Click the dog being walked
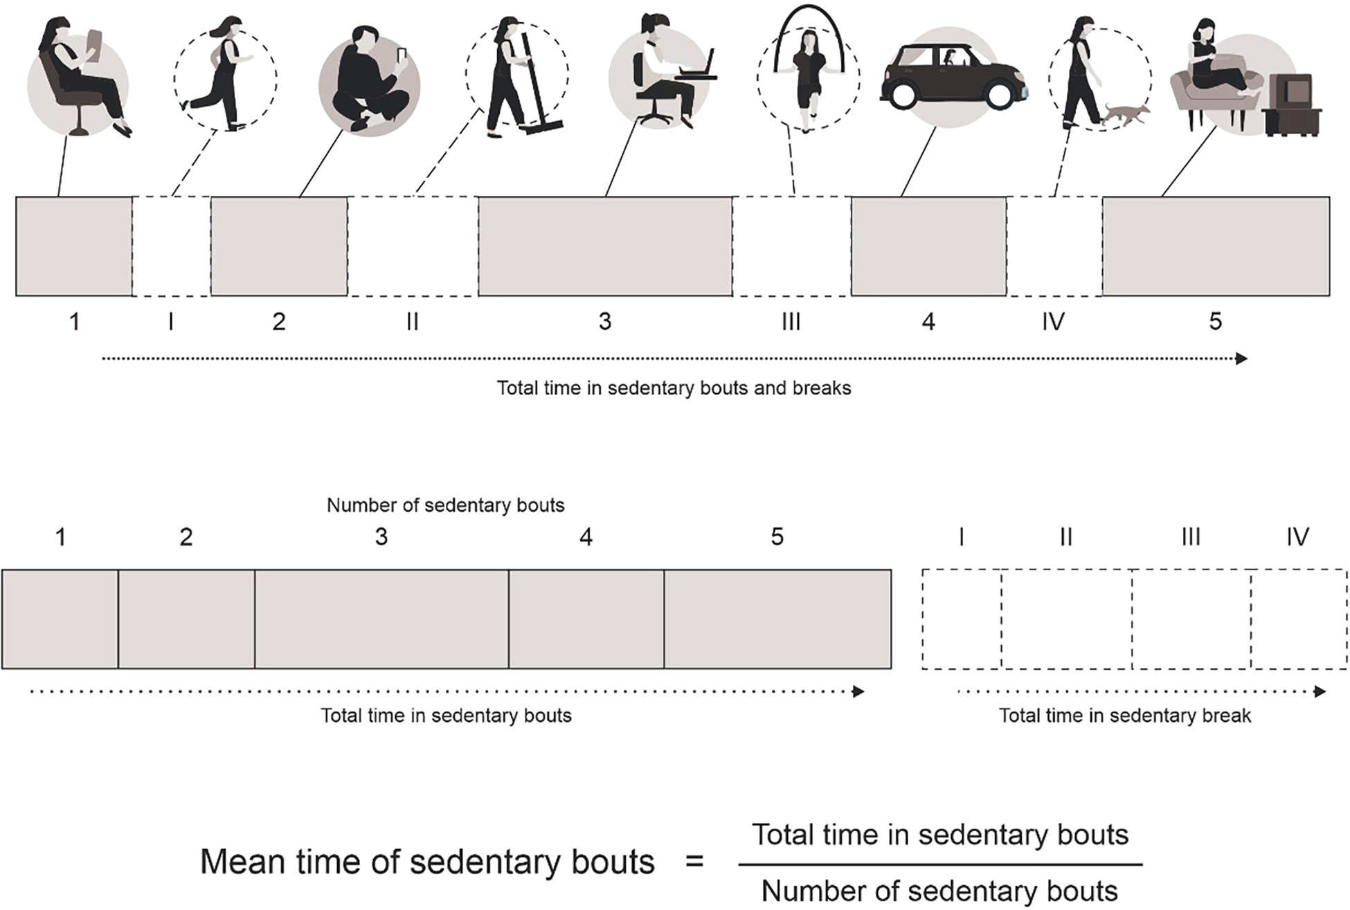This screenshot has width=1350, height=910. pyautogui.click(x=1126, y=114)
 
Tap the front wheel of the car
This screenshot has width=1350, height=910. pyautogui.click(x=1000, y=95)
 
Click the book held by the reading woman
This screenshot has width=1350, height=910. pyautogui.click(x=93, y=47)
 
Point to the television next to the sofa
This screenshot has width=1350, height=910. pyautogui.click(x=1292, y=104)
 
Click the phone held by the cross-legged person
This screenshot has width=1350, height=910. pyautogui.click(x=401, y=55)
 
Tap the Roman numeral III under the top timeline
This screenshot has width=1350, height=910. pyautogui.click(x=791, y=322)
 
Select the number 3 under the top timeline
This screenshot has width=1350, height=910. pyautogui.click(x=605, y=322)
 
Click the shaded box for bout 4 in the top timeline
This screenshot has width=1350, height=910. pyautogui.click(x=928, y=246)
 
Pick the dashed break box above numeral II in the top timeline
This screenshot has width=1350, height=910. pyautogui.click(x=413, y=246)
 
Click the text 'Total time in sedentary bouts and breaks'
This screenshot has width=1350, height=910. pyautogui.click(x=674, y=388)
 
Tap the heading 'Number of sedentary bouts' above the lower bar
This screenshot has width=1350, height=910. pyautogui.click(x=445, y=505)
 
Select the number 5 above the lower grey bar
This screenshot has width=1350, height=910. pyautogui.click(x=777, y=537)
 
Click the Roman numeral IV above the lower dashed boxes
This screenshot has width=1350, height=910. pyautogui.click(x=1297, y=537)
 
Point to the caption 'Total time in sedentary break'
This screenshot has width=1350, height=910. pyautogui.click(x=1124, y=716)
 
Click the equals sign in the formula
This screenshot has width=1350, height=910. pyautogui.click(x=694, y=862)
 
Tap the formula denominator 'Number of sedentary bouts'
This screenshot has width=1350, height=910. pyautogui.click(x=939, y=891)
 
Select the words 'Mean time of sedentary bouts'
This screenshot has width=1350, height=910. pyautogui.click(x=427, y=862)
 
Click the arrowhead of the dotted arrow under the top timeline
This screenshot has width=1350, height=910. pyautogui.click(x=1242, y=358)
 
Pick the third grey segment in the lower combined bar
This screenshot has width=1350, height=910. pyautogui.click(x=381, y=619)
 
